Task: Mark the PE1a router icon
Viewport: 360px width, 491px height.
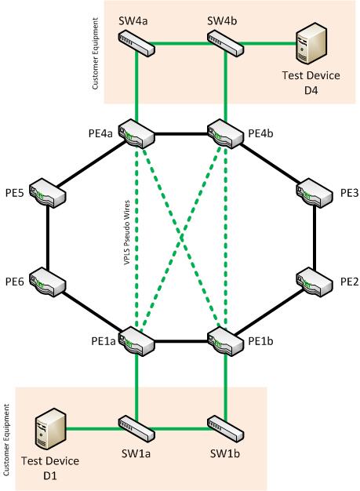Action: pos(136,341)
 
